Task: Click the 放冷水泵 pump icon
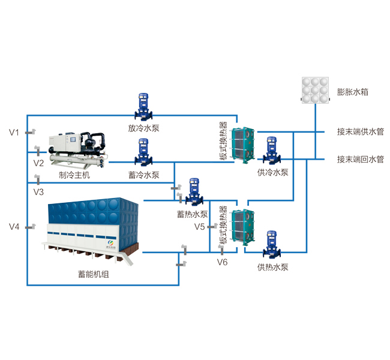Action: click(143, 107)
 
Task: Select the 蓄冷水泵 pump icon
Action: click(143, 152)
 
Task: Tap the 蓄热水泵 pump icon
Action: click(194, 192)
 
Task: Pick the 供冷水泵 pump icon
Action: click(272, 151)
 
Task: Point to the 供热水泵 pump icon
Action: click(272, 245)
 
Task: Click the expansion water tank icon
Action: click(316, 90)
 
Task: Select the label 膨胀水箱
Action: click(352, 92)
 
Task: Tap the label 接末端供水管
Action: click(361, 131)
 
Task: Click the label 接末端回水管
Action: click(361, 159)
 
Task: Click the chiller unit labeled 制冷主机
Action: click(79, 150)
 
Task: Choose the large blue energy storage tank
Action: click(91, 230)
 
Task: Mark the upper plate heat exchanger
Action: click(243, 145)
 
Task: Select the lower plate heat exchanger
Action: click(243, 227)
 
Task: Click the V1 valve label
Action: click(14, 133)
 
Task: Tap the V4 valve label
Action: click(14, 227)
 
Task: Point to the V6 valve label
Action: click(222, 262)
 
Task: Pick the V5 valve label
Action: click(199, 227)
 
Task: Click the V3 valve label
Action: click(38, 192)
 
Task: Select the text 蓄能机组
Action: click(94, 274)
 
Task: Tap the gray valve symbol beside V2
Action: click(38, 151)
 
